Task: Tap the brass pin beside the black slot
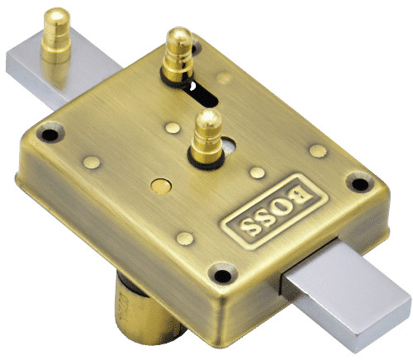click(x=177, y=53)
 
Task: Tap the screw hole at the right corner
click(x=358, y=183)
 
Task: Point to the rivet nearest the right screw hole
click(x=318, y=150)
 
